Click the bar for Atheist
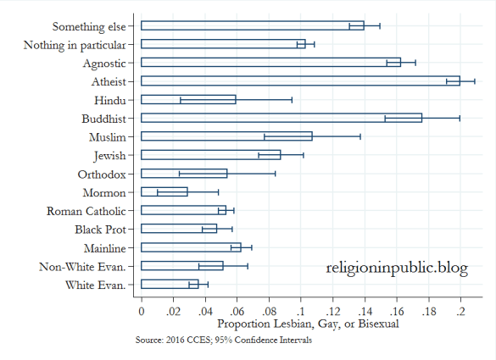coord(300,80)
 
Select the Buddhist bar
coord(281,118)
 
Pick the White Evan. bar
coord(170,284)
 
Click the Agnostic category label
coord(104,63)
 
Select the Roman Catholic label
coord(86,210)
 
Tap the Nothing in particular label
coord(75,44)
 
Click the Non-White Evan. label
coord(82,266)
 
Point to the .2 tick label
coord(460,311)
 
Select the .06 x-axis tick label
coord(237,311)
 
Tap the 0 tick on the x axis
coord(141,311)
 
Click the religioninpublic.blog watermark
coord(396,268)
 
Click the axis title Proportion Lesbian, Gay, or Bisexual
coord(301,324)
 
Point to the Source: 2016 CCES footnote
coord(223,341)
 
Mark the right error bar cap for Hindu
coord(292,99)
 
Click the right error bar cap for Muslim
coord(360,136)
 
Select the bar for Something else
coord(252,25)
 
